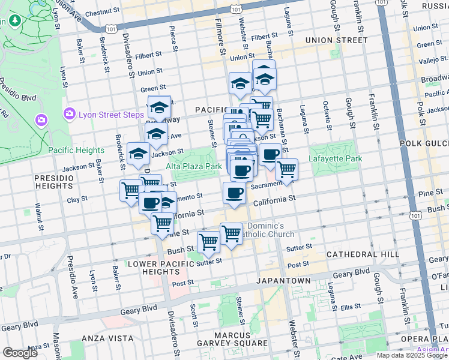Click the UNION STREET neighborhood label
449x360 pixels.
tap(336, 40)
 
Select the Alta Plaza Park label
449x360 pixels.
tap(193, 166)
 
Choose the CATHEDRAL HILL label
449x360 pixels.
tap(363, 254)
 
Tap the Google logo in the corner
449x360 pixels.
tap(20, 353)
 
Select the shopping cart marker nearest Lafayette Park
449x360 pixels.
tap(286, 169)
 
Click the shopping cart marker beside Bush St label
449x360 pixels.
tap(208, 242)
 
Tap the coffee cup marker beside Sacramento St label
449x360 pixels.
tap(234, 193)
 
